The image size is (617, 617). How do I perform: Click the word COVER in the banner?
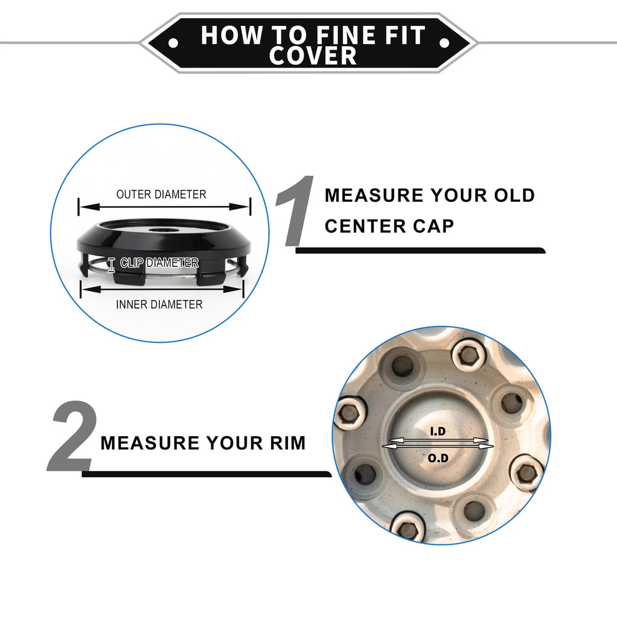(x=313, y=55)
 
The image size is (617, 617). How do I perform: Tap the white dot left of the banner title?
(x=173, y=43)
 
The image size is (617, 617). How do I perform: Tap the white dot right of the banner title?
(x=444, y=43)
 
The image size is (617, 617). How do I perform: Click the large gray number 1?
(x=295, y=211)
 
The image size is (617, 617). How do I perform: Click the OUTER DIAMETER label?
(x=161, y=195)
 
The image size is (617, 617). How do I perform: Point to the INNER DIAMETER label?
(x=159, y=304)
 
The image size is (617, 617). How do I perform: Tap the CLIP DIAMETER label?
(x=159, y=263)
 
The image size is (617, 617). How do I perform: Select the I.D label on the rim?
(x=437, y=431)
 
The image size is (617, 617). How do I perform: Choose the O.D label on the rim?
(x=438, y=458)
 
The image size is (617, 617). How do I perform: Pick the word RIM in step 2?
(x=287, y=443)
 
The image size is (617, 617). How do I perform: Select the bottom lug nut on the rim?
(x=408, y=527)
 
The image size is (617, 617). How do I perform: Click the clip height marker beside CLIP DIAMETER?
(x=111, y=265)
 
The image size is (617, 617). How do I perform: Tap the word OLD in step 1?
(x=515, y=196)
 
